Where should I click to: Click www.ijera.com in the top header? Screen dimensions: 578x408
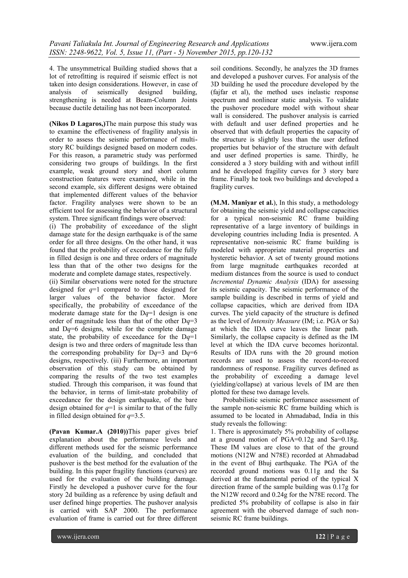[333, 44]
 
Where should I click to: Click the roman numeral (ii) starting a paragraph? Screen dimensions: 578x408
[54, 282]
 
